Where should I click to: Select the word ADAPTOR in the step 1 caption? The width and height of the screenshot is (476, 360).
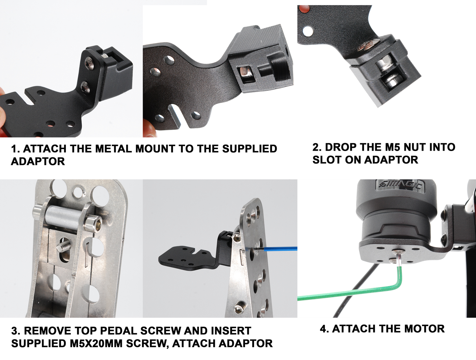[x=38, y=162]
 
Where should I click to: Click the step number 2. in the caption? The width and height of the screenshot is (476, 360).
[x=317, y=147]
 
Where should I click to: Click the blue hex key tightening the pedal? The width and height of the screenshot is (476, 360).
[x=280, y=249]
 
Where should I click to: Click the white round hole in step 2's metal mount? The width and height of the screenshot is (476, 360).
[x=308, y=31]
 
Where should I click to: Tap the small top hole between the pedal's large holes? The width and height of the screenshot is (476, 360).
[x=78, y=191]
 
